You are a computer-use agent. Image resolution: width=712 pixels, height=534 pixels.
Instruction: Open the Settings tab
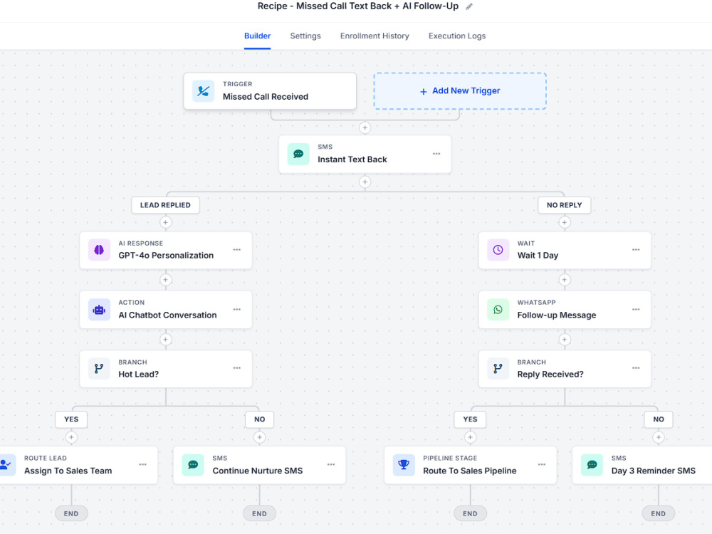pyautogui.click(x=305, y=36)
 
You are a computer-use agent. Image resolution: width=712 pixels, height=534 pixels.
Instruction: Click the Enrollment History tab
pyautogui.click(x=375, y=36)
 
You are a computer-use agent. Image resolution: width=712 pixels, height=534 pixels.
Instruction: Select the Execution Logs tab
pyautogui.click(x=457, y=36)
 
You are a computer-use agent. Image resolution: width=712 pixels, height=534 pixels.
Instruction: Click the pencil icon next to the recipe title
pyautogui.click(x=469, y=6)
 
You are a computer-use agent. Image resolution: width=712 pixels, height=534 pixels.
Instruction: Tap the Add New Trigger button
pyautogui.click(x=460, y=91)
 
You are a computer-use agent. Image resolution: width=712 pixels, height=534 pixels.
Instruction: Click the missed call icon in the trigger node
pyautogui.click(x=203, y=91)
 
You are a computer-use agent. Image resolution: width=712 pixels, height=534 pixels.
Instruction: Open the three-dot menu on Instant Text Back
pyautogui.click(x=436, y=154)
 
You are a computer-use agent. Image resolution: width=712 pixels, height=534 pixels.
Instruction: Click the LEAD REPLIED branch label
pyautogui.click(x=165, y=205)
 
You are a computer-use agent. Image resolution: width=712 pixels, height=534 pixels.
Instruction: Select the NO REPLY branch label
pyautogui.click(x=564, y=205)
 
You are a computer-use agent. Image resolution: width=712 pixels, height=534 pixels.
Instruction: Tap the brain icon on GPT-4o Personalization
pyautogui.click(x=99, y=250)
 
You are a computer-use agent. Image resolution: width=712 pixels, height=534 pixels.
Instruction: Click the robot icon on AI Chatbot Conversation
pyautogui.click(x=99, y=310)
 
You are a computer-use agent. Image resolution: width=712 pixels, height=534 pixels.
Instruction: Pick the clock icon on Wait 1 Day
pyautogui.click(x=498, y=250)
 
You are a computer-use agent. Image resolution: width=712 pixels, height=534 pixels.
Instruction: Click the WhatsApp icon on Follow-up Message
pyautogui.click(x=498, y=310)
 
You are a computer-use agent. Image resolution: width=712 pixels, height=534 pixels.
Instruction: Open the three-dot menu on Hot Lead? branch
pyautogui.click(x=237, y=368)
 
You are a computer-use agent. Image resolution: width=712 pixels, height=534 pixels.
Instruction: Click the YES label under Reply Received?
pyautogui.click(x=470, y=419)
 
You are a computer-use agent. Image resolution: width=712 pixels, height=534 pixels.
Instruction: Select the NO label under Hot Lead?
pyautogui.click(x=259, y=419)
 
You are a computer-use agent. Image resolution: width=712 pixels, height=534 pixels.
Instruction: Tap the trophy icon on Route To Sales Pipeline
pyautogui.click(x=404, y=464)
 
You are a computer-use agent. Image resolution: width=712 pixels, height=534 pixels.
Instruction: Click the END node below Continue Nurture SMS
pyautogui.click(x=259, y=513)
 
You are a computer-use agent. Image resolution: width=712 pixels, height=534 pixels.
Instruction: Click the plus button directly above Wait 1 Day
pyautogui.click(x=564, y=222)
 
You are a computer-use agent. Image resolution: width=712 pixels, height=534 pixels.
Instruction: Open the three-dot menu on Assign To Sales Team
pyautogui.click(x=142, y=464)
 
